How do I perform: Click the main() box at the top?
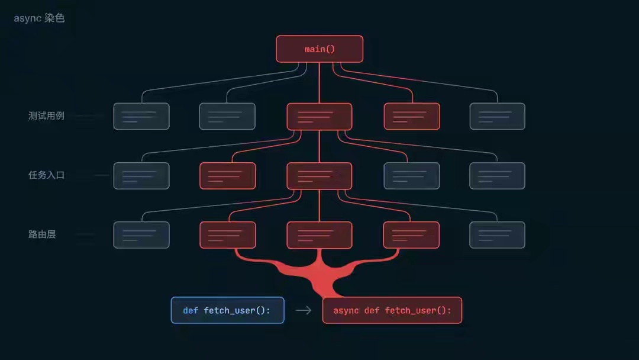coord(319,49)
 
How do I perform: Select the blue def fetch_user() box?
coord(227,310)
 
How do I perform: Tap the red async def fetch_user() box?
coord(392,310)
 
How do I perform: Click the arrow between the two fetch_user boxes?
coord(303,310)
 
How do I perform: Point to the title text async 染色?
coord(39,18)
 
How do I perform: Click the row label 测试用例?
coord(46,116)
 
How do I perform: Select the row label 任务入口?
coord(46,175)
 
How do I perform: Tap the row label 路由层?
coord(41,234)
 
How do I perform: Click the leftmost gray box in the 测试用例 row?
coord(141,116)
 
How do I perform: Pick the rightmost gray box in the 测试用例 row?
coord(497,116)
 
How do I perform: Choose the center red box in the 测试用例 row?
coord(319,116)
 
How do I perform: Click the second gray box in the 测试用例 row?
coord(227,116)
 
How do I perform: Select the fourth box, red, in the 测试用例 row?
coord(412,116)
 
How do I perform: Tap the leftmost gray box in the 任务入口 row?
coord(141,176)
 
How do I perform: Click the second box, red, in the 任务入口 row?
coord(227,176)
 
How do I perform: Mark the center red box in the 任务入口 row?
coord(319,176)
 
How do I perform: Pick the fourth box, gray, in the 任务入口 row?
coord(412,176)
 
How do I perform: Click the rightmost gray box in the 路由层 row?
coord(497,235)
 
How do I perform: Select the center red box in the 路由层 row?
coord(319,235)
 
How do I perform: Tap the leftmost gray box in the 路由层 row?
coord(141,235)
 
